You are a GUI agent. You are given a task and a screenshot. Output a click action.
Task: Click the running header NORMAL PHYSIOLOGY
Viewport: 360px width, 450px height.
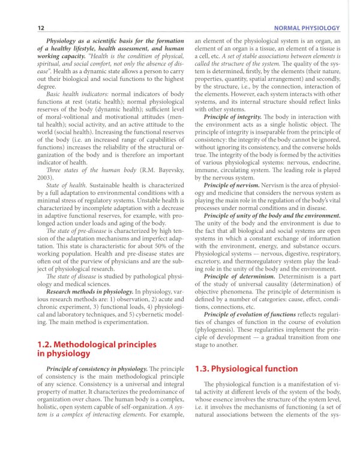coord(306,28)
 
